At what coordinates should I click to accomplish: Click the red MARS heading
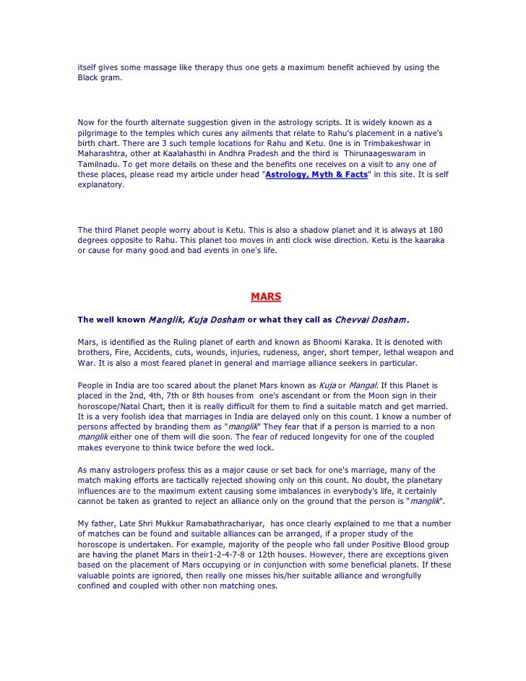pyautogui.click(x=265, y=296)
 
